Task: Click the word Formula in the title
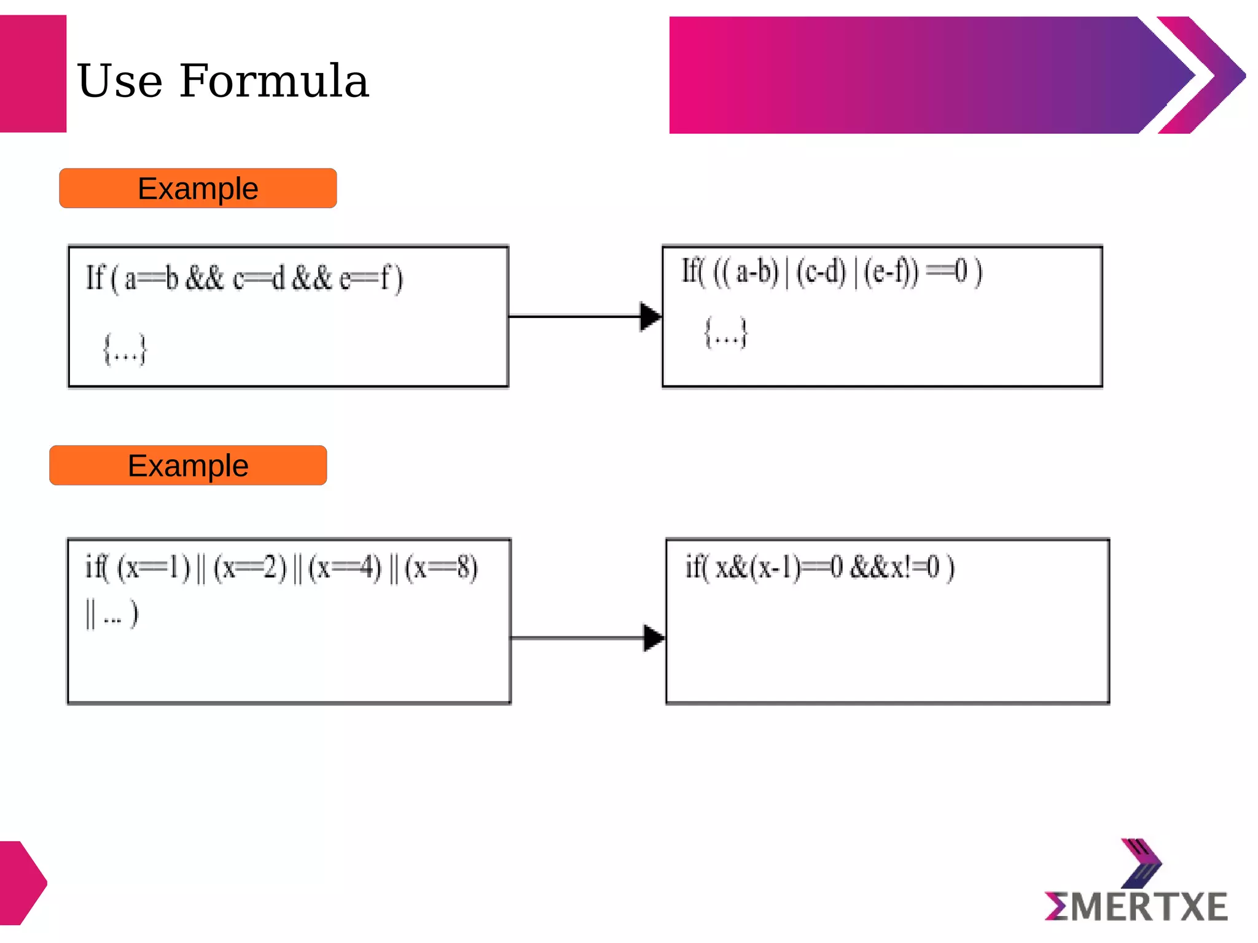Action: point(274,81)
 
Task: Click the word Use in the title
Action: point(120,81)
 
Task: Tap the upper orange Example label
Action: point(198,188)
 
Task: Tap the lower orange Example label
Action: point(188,465)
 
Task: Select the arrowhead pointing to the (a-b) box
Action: point(650,316)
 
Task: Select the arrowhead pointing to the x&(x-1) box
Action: point(654,638)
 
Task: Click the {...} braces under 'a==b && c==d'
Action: point(125,350)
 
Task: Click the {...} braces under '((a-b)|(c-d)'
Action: point(726,333)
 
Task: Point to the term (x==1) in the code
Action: point(154,567)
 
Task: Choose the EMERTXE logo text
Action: point(1136,907)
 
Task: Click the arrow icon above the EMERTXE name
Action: point(1141,863)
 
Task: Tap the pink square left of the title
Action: point(33,74)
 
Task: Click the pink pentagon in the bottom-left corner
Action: point(22,883)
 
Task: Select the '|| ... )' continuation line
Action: point(112,614)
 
